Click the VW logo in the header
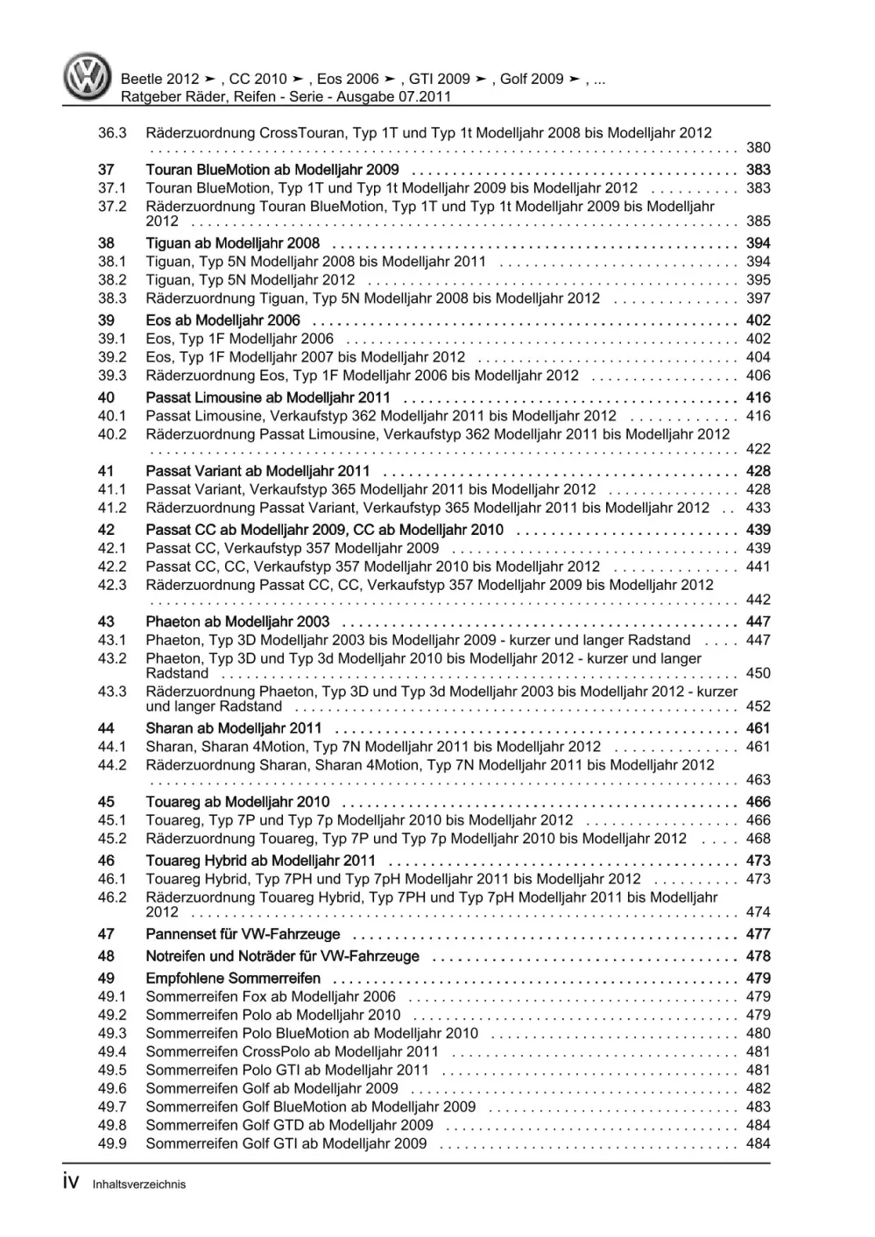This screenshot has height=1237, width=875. pyautogui.click(x=88, y=77)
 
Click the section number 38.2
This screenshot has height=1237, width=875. pyautogui.click(x=111, y=280)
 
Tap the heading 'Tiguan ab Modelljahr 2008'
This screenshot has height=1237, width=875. pyautogui.click(x=232, y=243)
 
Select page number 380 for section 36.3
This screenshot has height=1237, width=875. pyautogui.click(x=758, y=148)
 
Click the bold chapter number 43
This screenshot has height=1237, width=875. pyautogui.click(x=106, y=622)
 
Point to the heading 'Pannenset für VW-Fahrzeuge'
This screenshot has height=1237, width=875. pyautogui.click(x=243, y=934)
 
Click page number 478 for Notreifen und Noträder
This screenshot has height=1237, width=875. pyautogui.click(x=758, y=957)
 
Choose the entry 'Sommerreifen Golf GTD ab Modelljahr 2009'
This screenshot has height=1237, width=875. pyautogui.click(x=289, y=1125)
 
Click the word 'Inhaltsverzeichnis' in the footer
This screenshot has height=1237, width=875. pyautogui.click(x=138, y=1184)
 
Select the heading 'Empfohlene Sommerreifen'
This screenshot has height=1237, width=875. pyautogui.click(x=233, y=979)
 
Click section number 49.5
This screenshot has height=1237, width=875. pyautogui.click(x=111, y=1070)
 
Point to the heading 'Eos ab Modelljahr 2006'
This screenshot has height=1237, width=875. pyautogui.click(x=222, y=320)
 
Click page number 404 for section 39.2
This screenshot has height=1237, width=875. pyautogui.click(x=758, y=357)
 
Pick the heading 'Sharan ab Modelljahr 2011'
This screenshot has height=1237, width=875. pyautogui.click(x=233, y=728)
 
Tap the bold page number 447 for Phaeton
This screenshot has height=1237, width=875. pyautogui.click(x=758, y=622)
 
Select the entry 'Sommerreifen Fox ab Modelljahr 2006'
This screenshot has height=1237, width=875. pyautogui.click(x=271, y=996)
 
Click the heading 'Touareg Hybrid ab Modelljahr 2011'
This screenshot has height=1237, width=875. pyautogui.click(x=260, y=861)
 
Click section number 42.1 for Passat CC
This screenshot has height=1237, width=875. pyautogui.click(x=111, y=548)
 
